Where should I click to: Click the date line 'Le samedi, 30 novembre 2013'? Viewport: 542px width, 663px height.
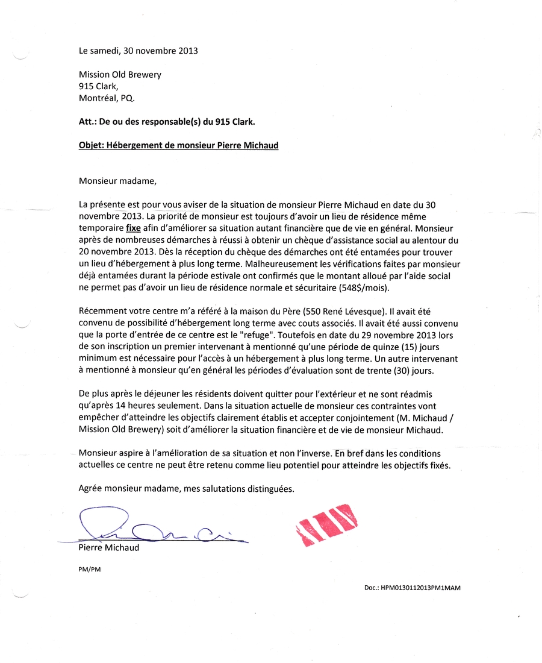[138, 51]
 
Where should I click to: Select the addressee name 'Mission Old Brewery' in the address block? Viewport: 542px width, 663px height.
[120, 75]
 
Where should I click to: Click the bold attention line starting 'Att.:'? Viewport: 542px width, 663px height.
[167, 122]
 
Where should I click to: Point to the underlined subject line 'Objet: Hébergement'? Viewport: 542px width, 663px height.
[178, 145]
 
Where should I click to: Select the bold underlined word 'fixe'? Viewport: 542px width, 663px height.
[133, 228]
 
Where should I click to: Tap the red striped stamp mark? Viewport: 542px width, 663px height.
[326, 524]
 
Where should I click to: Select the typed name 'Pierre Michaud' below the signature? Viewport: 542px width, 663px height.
[108, 548]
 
